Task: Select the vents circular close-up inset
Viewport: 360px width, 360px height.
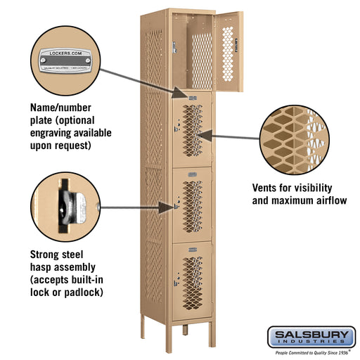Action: [x=295, y=140]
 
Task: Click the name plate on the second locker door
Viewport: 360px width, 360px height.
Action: [x=191, y=95]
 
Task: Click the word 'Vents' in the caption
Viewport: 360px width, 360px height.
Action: [x=267, y=188]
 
